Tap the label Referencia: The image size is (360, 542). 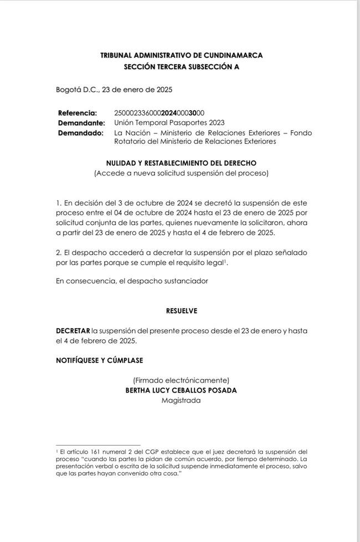[x=78, y=113]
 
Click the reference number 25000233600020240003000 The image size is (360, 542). [x=160, y=113]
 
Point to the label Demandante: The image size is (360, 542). [x=81, y=122]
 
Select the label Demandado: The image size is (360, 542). [x=80, y=133]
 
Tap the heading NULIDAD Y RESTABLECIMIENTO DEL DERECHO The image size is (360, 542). [x=181, y=163]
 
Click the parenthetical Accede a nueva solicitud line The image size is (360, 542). [x=181, y=173]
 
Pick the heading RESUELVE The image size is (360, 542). [x=181, y=311]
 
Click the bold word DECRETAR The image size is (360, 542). [x=73, y=331]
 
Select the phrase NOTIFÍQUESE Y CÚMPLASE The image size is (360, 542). [x=99, y=360]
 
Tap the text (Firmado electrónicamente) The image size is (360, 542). [x=181, y=380]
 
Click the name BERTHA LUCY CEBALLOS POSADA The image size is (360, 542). [x=181, y=390]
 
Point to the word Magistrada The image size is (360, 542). [x=181, y=400]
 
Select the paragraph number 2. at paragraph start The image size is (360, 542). [x=59, y=252]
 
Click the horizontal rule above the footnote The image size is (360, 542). [x=98, y=445]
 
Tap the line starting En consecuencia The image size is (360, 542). [x=132, y=281]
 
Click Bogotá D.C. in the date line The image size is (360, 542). [x=75, y=89]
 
